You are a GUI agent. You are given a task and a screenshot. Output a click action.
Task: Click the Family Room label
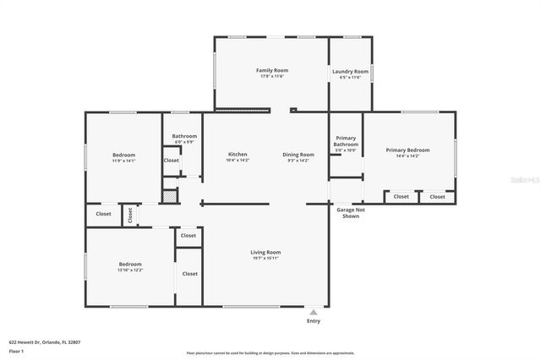(272, 70)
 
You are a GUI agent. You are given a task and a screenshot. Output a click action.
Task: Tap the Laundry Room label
(350, 72)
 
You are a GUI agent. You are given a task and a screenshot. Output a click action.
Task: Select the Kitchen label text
(238, 154)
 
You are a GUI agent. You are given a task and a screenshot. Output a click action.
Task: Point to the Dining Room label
(298, 154)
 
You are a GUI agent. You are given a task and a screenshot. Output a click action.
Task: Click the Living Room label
(265, 252)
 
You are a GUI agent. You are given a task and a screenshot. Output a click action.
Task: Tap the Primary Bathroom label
(346, 141)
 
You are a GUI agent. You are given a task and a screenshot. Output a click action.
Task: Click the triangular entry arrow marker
(314, 311)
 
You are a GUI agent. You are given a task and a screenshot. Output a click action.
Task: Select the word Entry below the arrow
(314, 321)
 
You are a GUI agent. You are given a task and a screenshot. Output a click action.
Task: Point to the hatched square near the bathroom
(170, 195)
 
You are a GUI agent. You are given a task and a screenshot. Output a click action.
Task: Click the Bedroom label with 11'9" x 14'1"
(124, 155)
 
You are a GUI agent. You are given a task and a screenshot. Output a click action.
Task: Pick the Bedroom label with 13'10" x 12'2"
(130, 264)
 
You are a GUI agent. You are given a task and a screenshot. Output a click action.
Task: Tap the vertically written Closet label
(130, 215)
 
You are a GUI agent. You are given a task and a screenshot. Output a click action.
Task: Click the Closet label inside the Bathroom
(172, 160)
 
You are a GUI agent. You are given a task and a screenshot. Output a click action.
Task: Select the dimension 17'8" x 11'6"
(272, 77)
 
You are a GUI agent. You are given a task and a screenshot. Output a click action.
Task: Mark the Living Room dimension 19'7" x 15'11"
(265, 259)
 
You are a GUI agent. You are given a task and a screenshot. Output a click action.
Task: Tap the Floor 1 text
(16, 351)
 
